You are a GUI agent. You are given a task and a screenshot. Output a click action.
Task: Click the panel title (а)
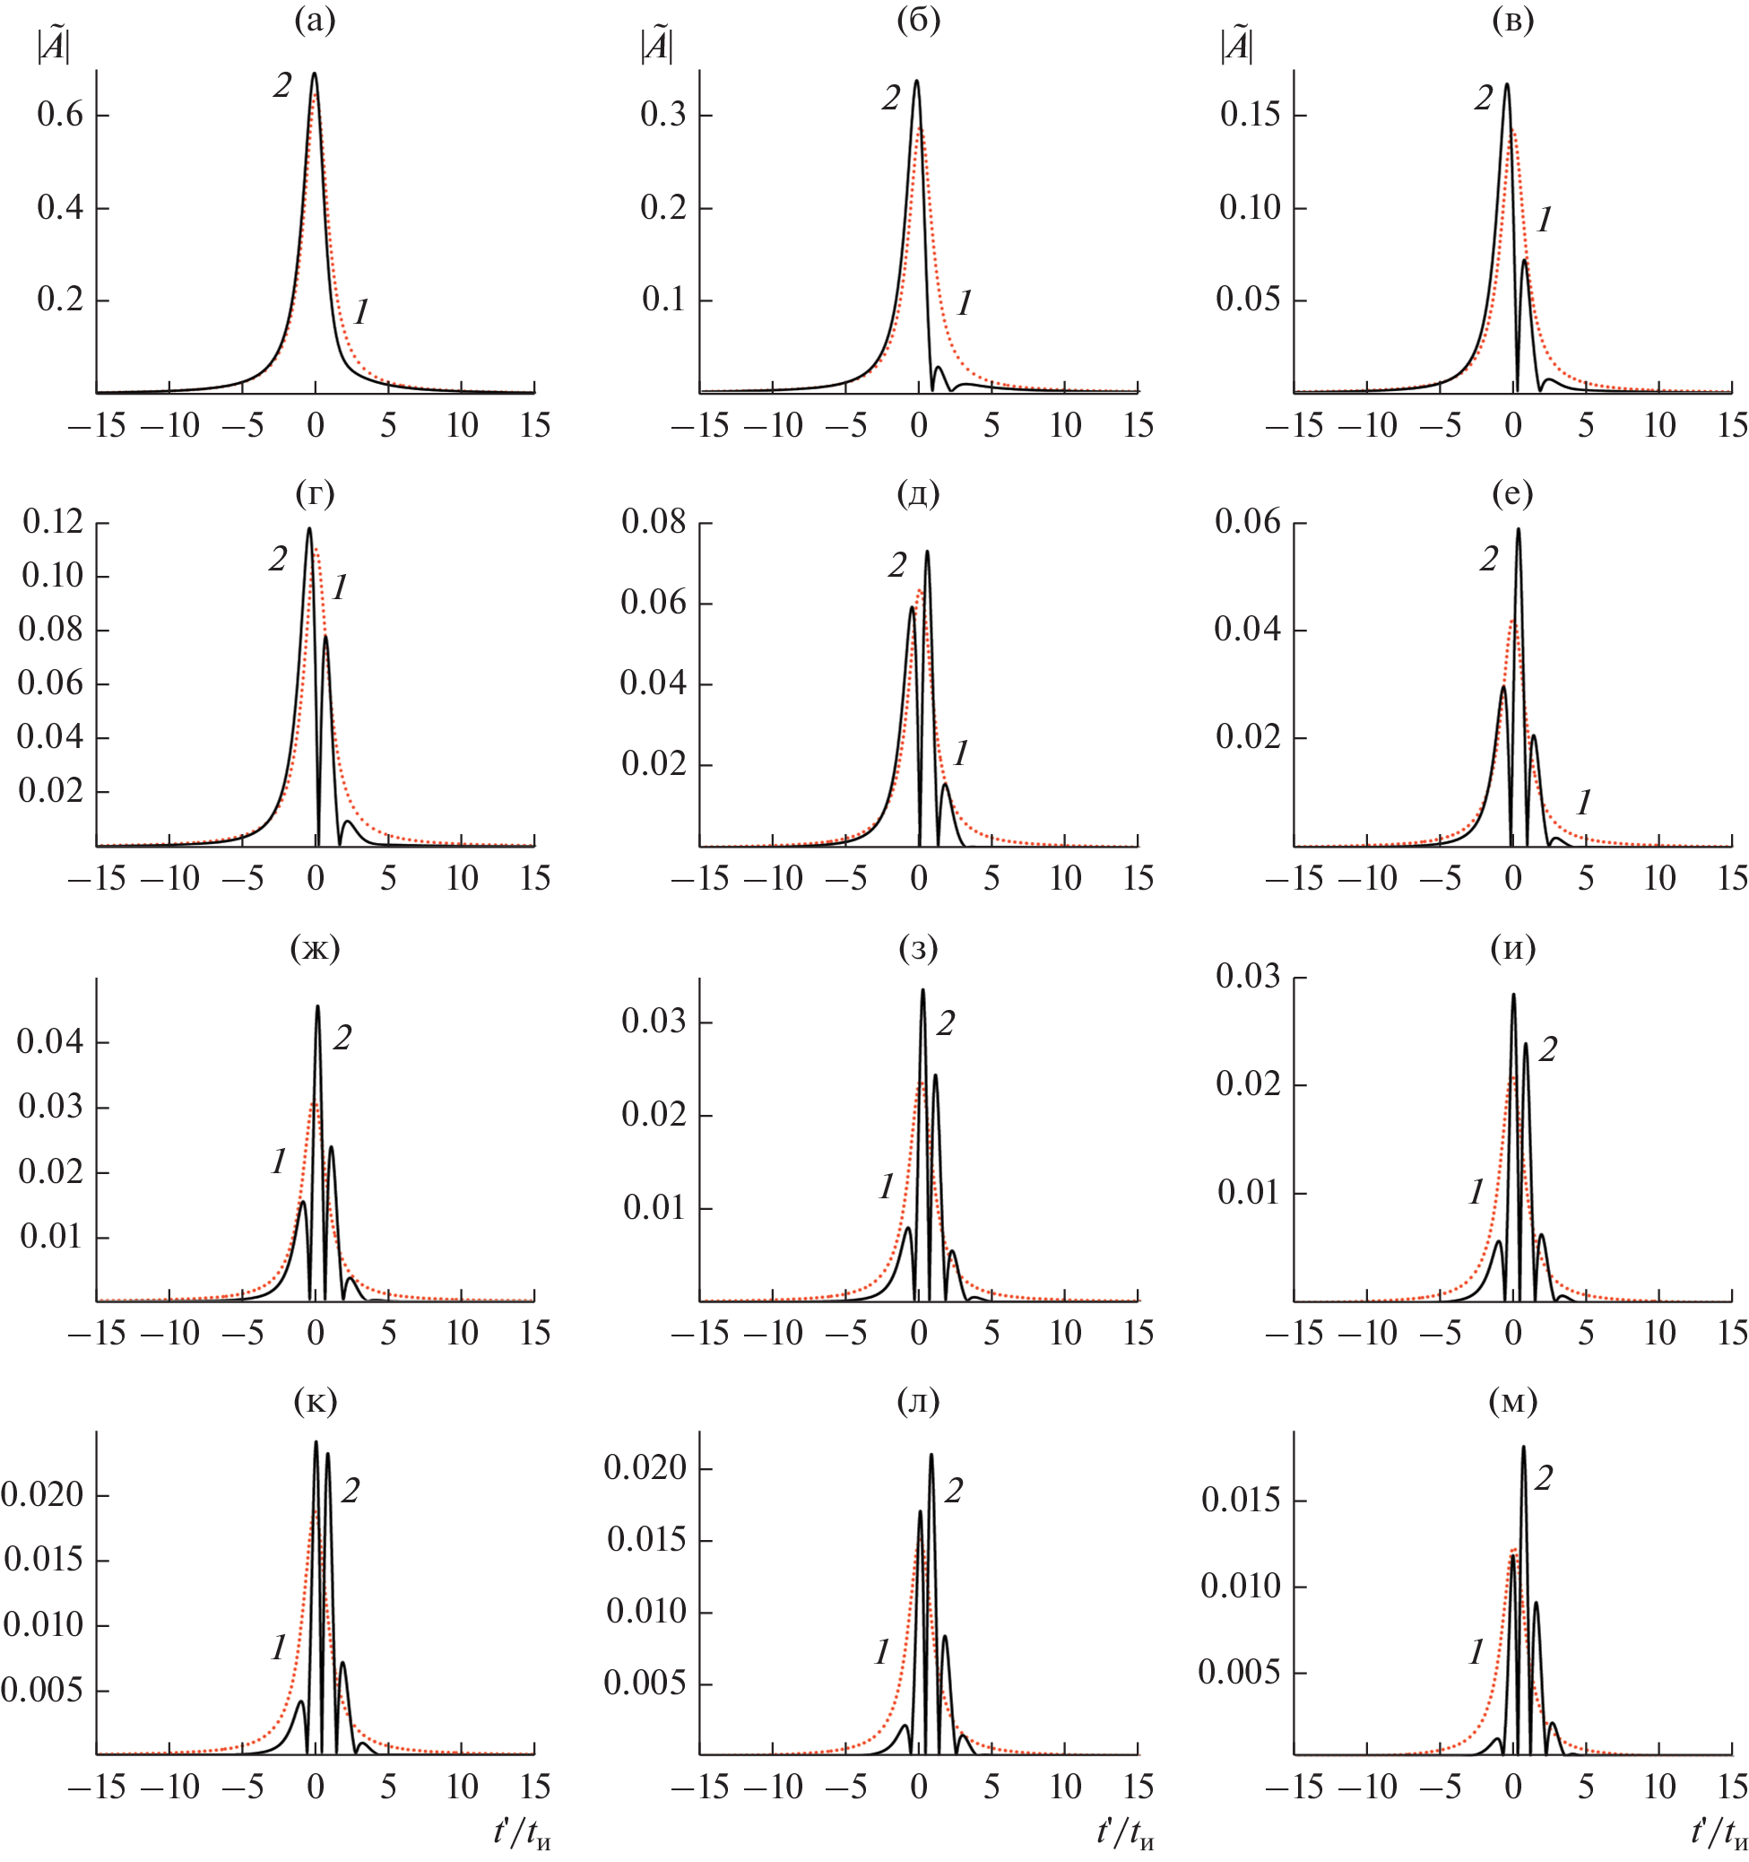coord(315,21)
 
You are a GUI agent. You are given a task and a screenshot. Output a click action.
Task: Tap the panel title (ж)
coord(315,949)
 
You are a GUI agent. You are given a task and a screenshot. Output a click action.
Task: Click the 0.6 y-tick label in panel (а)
coord(60,115)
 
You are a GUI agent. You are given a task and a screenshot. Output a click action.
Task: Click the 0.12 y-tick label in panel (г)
coord(52,522)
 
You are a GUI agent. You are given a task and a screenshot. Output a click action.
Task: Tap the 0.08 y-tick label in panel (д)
coord(654,522)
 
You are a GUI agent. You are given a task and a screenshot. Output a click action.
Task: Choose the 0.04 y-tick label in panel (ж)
coord(49,1041)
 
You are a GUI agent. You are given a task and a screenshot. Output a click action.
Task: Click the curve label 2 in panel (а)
coord(281,85)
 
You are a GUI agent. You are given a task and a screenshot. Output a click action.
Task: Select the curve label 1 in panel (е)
coord(1583,802)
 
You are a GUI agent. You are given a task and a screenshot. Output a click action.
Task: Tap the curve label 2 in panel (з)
coord(946,1023)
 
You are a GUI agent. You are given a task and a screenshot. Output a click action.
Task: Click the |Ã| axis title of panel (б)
coord(655,47)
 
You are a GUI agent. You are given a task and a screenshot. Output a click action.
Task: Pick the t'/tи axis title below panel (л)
coord(1125,1832)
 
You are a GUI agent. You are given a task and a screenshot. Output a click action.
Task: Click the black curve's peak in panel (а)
coord(315,73)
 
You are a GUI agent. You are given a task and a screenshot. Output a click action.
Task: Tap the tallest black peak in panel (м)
coord(1523,1447)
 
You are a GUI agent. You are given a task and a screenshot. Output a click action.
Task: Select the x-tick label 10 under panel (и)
coord(1659,1333)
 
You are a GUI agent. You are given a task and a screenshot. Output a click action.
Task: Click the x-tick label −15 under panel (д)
coord(698,879)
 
